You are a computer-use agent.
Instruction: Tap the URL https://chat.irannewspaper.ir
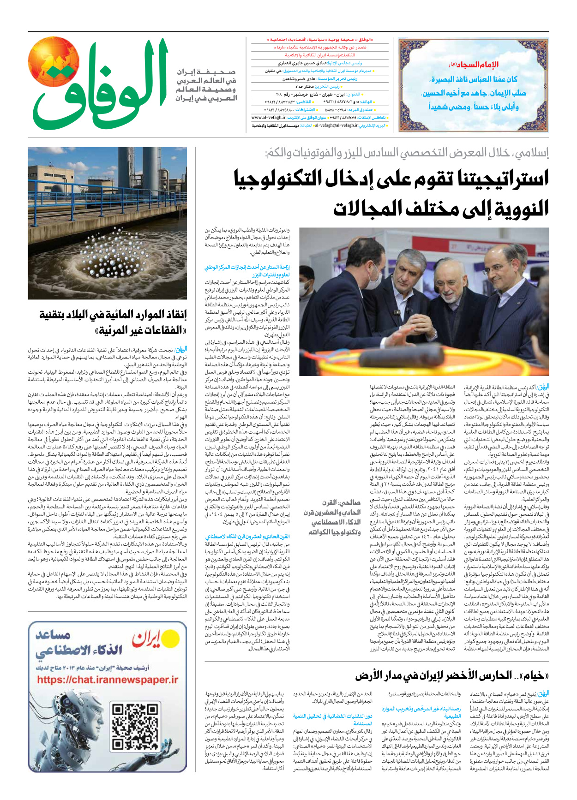[108, 680]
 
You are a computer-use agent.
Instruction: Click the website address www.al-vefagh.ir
[269, 118]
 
